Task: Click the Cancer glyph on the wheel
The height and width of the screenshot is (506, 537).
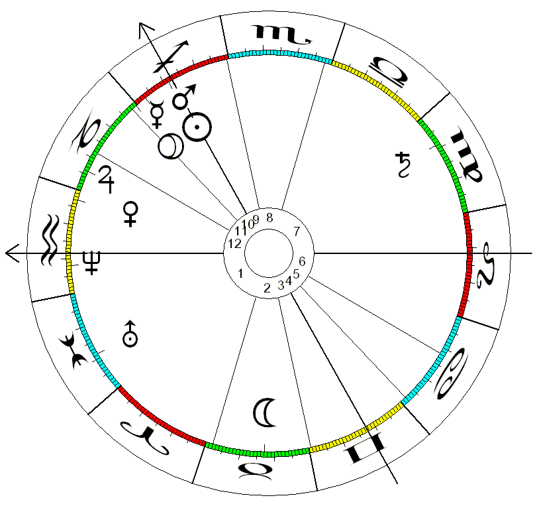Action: click(x=450, y=375)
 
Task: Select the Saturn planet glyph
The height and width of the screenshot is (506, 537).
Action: click(x=402, y=165)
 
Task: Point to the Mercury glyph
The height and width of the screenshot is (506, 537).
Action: click(x=158, y=114)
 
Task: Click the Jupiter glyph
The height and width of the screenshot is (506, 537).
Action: click(x=107, y=178)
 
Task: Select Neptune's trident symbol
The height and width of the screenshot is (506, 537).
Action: click(x=91, y=263)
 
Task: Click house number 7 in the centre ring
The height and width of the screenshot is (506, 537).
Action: click(x=297, y=231)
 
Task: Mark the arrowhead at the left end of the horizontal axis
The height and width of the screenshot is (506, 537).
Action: click(x=11, y=253)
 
